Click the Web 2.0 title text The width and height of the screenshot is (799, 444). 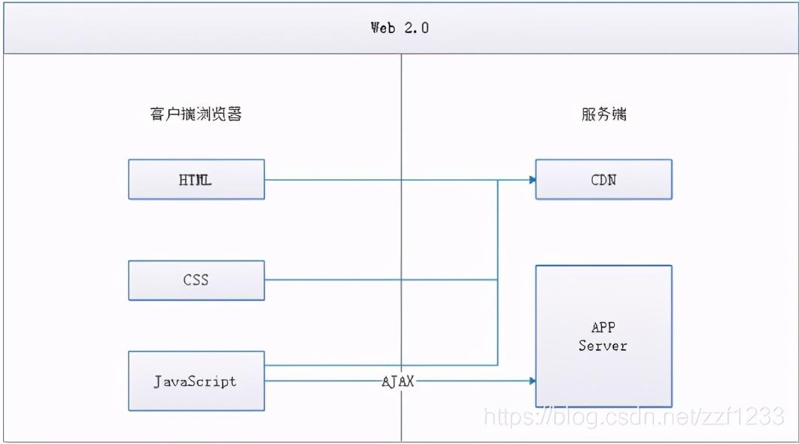pos(400,28)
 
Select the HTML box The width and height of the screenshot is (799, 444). pos(196,179)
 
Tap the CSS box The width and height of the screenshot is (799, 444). pos(196,281)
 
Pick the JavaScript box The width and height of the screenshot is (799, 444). pos(196,381)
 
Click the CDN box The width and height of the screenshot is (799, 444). pos(604,179)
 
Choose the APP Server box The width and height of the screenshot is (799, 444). pos(604,336)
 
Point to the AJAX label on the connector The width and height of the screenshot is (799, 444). pos(398,382)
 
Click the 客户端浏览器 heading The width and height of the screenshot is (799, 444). pos(196,114)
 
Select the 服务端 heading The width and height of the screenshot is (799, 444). pos(604,114)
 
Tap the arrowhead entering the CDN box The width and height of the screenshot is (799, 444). pos(533,180)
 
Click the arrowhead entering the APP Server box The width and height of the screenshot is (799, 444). pos(533,381)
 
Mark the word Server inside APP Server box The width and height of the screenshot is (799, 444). pos(603,345)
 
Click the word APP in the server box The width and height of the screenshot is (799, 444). pos(603,327)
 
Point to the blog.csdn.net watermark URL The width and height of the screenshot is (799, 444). pos(634,416)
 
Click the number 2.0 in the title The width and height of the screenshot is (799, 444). pos(417,28)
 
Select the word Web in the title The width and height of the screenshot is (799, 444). pos(383,28)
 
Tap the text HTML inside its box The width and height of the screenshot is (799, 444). pos(195,180)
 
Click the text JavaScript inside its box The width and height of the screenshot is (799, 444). pos(195,382)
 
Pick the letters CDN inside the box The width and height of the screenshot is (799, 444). pos(604,180)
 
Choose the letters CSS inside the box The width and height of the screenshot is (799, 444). pos(196,280)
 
